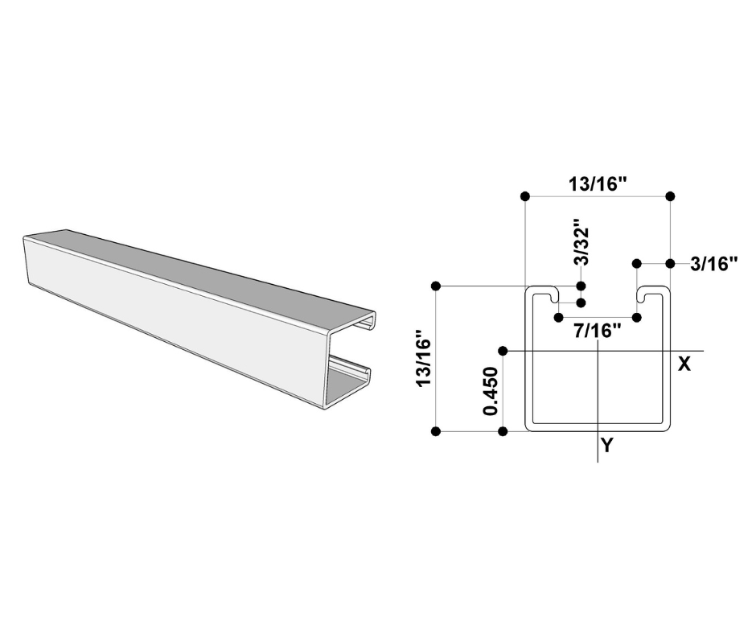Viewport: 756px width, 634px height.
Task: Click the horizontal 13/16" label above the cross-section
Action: click(x=598, y=183)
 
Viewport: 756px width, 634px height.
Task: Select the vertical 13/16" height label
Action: click(x=424, y=359)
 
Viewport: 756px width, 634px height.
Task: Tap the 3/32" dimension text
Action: click(x=581, y=242)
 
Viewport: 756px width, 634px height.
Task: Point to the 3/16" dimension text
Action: click(x=713, y=263)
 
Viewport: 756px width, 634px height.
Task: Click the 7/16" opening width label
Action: click(x=598, y=331)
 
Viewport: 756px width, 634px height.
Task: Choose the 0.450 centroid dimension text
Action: click(x=491, y=392)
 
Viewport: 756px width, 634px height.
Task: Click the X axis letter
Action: click(x=684, y=364)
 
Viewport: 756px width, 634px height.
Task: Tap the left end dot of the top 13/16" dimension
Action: click(x=524, y=196)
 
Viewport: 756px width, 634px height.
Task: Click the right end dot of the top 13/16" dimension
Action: click(x=671, y=196)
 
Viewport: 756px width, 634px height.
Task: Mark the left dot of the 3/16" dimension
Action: click(x=636, y=263)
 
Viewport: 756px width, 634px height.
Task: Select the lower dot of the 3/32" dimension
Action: click(x=581, y=303)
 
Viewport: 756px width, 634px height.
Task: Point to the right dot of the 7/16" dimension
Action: click(x=636, y=318)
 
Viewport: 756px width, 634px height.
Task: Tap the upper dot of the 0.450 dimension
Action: click(x=503, y=351)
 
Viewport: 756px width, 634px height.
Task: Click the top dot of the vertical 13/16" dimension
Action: click(x=436, y=286)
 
